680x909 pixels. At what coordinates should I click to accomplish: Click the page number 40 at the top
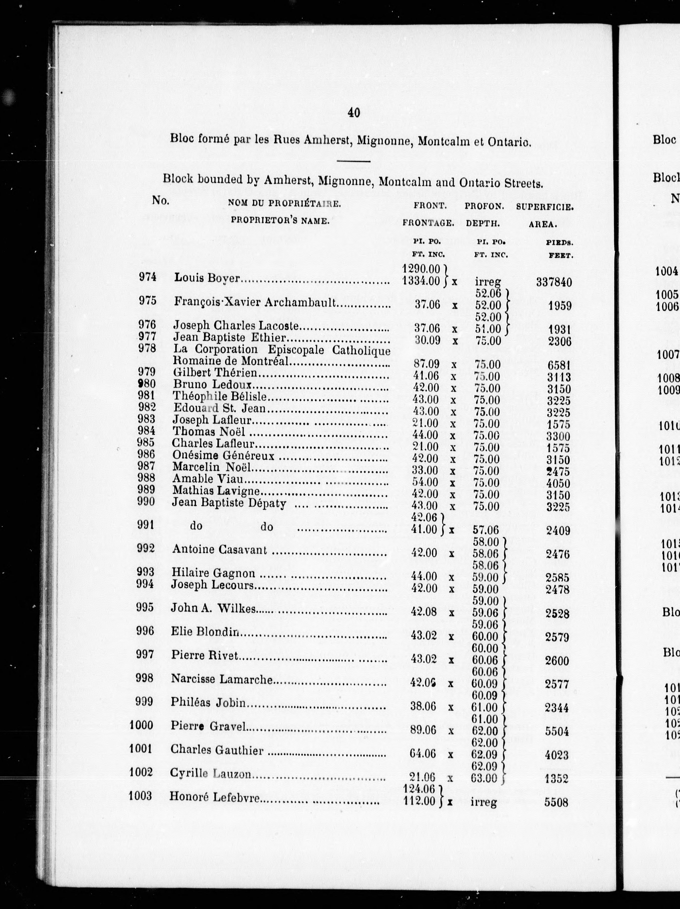tap(354, 112)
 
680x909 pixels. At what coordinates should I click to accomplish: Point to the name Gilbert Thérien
tap(215, 373)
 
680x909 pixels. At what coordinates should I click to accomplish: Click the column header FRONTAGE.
tap(428, 223)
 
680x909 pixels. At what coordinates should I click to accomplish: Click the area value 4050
tap(558, 483)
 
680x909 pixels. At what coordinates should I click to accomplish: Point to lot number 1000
tap(141, 725)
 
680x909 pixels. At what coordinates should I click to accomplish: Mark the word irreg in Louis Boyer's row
tap(488, 282)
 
